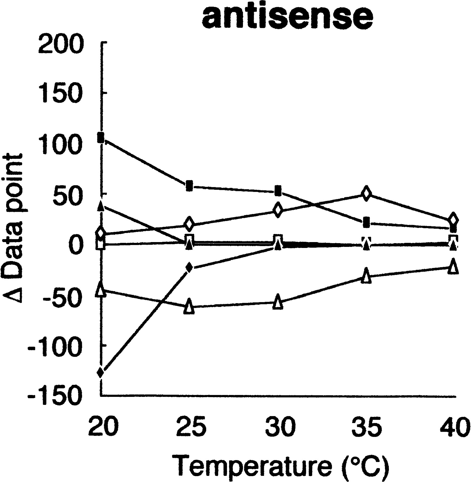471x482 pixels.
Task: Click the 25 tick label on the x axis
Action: point(192,425)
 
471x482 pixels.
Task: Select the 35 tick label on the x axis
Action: point(367,425)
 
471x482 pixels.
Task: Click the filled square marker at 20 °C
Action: point(101,138)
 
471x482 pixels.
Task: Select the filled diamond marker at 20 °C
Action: point(101,372)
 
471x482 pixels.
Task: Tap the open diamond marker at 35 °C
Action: point(366,193)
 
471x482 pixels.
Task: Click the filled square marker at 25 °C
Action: point(190,186)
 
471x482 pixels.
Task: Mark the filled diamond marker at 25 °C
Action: point(189,267)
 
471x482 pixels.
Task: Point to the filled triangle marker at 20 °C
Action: point(101,206)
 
